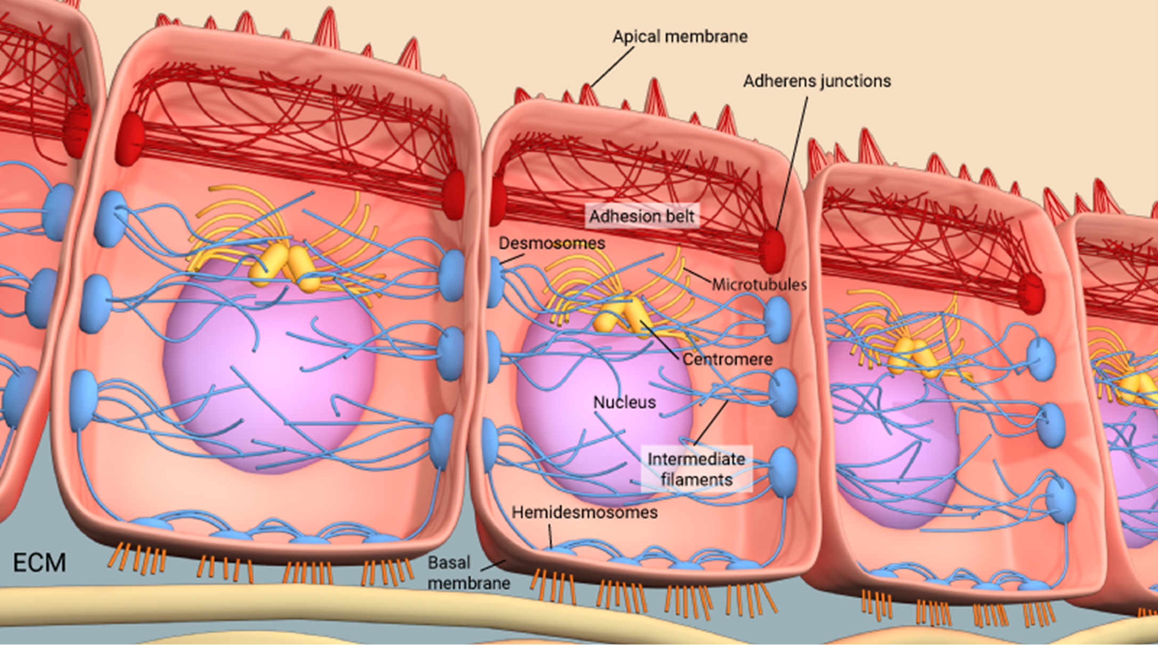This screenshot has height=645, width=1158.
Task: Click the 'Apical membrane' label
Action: pos(680,37)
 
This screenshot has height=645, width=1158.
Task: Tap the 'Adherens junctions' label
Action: pos(817,81)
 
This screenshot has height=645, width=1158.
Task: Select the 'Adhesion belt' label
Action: pos(641,217)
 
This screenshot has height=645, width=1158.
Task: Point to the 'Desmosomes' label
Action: pos(551,243)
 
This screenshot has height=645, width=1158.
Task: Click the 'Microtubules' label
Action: pos(759,284)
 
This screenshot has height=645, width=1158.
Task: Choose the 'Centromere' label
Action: pos(727,360)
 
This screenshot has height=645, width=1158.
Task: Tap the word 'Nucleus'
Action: pos(624,402)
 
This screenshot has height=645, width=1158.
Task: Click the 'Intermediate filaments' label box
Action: pos(696,469)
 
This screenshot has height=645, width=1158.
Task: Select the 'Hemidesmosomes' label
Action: pos(584,512)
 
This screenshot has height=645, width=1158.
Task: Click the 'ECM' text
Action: pos(39,563)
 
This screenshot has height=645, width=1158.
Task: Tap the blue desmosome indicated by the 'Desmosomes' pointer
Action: pos(495,280)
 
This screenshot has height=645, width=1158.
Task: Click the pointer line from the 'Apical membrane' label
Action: pos(611,67)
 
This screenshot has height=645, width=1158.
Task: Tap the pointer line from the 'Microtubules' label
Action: pos(698,276)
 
